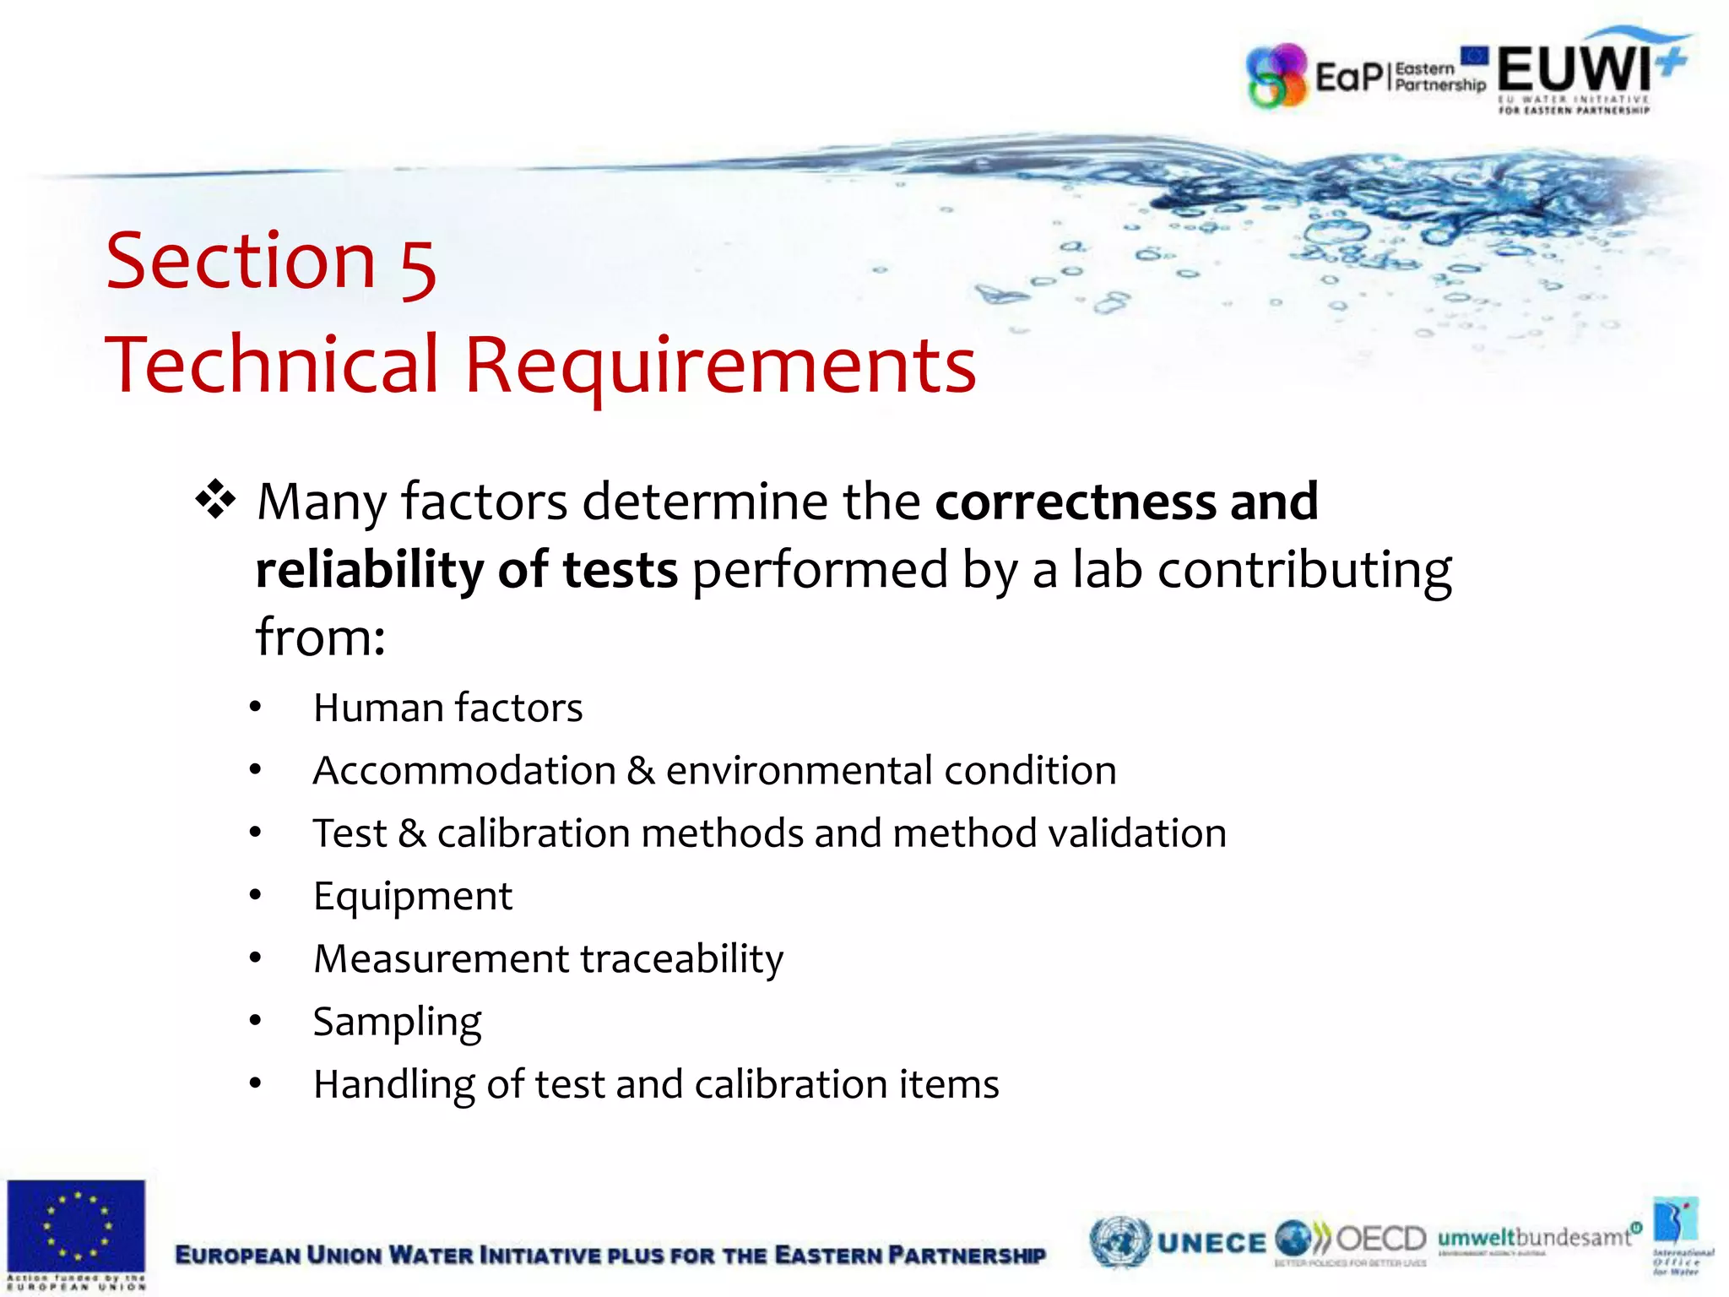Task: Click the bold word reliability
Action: [x=368, y=570]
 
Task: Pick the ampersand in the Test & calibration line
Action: [x=412, y=833]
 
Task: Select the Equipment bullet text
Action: [x=413, y=897]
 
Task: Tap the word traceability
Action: [x=682, y=959]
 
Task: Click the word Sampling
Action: [x=397, y=1023]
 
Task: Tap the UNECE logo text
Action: [x=1211, y=1243]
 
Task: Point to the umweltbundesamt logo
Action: [x=1535, y=1238]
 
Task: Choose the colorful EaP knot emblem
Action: [x=1277, y=76]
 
